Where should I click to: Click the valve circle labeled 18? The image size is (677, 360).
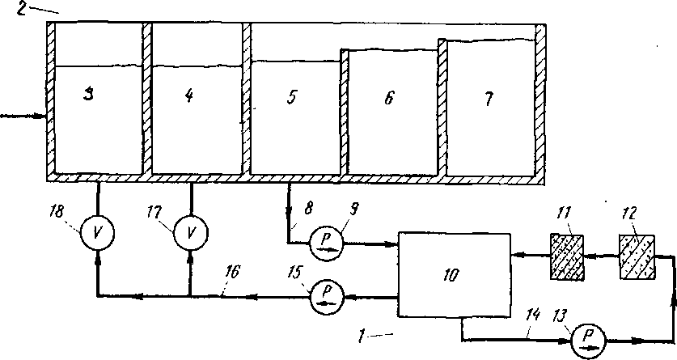[x=97, y=233]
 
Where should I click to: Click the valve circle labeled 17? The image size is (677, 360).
[x=190, y=233]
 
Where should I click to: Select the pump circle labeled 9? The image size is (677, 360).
[x=327, y=244]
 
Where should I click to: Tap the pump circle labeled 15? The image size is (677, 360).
[x=328, y=297]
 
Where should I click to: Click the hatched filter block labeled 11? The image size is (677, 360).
[x=567, y=256]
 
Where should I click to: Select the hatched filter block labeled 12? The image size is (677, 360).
[x=637, y=256]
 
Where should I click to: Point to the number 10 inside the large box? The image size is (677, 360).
[x=451, y=274]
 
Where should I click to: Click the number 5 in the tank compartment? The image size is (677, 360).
[x=292, y=97]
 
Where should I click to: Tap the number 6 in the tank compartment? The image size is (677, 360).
[x=389, y=98]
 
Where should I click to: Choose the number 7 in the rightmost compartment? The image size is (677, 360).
[x=488, y=100]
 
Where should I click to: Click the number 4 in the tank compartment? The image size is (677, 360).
[x=188, y=95]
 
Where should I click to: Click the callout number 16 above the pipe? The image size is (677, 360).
[x=232, y=273]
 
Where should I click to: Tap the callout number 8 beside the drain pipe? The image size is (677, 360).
[x=308, y=209]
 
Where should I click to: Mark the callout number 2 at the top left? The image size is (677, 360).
[x=23, y=8]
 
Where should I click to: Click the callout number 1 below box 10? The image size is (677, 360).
[x=362, y=336]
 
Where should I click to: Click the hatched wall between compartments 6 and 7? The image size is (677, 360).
[x=442, y=107]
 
